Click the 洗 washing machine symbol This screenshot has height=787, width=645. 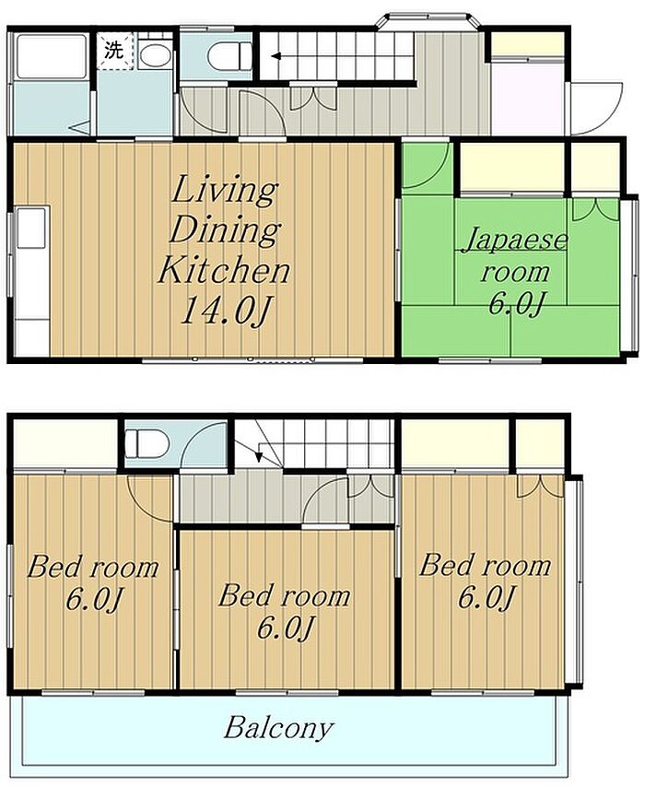115,51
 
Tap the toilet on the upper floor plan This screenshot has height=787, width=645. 229,56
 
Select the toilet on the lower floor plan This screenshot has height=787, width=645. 146,443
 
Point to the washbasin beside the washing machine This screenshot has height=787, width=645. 155,54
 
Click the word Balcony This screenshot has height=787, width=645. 278,727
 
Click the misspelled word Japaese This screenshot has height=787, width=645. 515,241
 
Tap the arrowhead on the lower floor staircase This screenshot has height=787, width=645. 259,456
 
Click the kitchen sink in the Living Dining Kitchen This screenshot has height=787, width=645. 32,228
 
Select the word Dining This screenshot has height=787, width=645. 224,230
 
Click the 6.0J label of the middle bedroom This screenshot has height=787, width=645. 285,628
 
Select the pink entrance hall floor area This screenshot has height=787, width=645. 527,98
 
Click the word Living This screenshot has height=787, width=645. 224,191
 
